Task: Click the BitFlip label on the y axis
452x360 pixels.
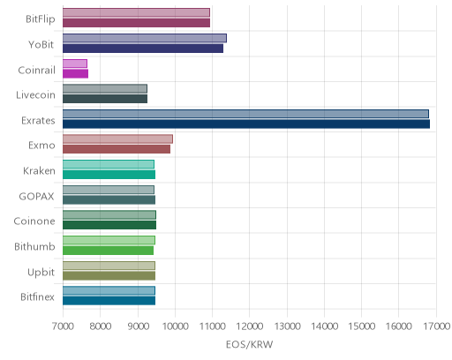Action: coord(41,19)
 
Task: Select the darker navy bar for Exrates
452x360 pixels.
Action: coord(246,124)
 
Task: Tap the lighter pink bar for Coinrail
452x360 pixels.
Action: coord(75,64)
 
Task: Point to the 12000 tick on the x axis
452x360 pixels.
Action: coord(250,326)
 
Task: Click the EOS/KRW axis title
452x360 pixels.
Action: coord(249,344)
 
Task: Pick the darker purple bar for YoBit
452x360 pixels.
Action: coord(143,49)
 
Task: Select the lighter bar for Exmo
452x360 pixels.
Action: coord(117,139)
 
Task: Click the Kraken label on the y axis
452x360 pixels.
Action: coord(39,171)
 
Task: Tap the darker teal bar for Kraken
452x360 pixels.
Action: coord(109,175)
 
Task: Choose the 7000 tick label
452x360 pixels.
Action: coord(63,326)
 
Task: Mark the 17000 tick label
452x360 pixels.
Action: coord(437,326)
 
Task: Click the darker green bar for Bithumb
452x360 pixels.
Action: coord(108,251)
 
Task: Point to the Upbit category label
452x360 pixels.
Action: coord(41,273)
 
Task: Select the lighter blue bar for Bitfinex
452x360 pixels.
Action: coord(109,291)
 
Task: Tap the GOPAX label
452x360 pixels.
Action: coord(36,196)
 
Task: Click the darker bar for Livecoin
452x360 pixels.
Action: coord(105,99)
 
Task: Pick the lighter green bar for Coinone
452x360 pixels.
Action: coord(109,215)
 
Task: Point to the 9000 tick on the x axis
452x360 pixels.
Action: coord(138,326)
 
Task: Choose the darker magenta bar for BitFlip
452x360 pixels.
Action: coord(136,23)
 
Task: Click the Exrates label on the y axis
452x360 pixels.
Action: coord(38,121)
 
